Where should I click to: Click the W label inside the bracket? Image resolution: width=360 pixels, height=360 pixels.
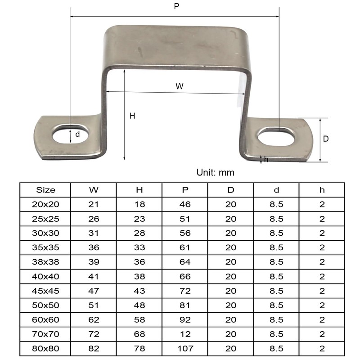pyautogui.click(x=180, y=86)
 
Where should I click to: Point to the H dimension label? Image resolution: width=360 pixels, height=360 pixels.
pyautogui.click(x=132, y=116)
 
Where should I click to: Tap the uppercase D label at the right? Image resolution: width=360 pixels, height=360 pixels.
pyautogui.click(x=326, y=139)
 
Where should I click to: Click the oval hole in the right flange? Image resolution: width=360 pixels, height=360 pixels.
pyautogui.click(x=276, y=136)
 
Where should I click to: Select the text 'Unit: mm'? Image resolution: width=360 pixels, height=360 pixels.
pyautogui.click(x=215, y=172)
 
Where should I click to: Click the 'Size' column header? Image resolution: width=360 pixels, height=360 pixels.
pyautogui.click(x=45, y=190)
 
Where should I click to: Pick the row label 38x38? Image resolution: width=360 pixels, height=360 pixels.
pyautogui.click(x=45, y=262)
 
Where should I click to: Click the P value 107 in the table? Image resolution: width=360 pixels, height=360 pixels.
pyautogui.click(x=185, y=348)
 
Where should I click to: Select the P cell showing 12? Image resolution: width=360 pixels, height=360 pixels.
pyautogui.click(x=185, y=334)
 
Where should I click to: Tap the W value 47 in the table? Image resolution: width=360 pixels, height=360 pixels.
pyautogui.click(x=93, y=291)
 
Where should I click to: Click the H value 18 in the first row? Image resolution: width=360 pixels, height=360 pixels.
pyautogui.click(x=139, y=204)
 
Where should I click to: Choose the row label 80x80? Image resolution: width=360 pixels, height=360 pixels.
pyautogui.click(x=45, y=348)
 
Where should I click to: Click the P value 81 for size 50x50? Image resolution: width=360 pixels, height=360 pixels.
pyautogui.click(x=185, y=305)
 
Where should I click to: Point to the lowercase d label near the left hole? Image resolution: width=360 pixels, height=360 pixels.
pyautogui.click(x=77, y=134)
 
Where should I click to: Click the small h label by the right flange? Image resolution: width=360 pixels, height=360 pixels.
pyautogui.click(x=266, y=159)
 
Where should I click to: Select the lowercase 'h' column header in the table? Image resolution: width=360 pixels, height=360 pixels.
pyautogui.click(x=322, y=190)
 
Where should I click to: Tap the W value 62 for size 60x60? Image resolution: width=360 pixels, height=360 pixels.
pyautogui.click(x=93, y=319)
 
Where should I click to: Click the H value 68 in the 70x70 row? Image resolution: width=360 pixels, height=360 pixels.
pyautogui.click(x=139, y=334)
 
